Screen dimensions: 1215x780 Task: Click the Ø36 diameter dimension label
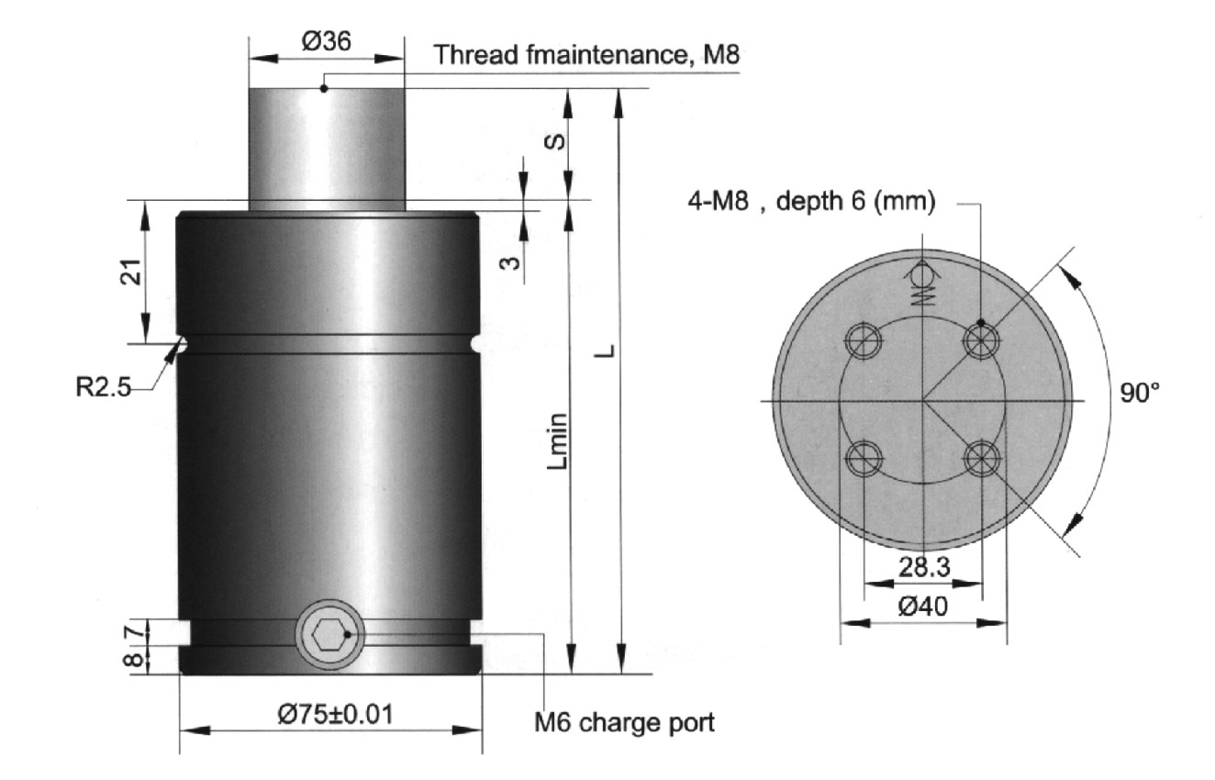click(x=327, y=41)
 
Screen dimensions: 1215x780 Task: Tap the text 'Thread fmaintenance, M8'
click(x=586, y=55)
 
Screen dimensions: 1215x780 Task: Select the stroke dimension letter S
click(x=554, y=142)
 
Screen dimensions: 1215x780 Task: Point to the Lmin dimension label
click(x=557, y=441)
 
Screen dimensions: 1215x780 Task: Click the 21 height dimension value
click(x=130, y=272)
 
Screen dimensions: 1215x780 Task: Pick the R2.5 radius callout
click(x=103, y=387)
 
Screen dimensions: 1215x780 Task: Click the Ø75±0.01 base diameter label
click(x=335, y=714)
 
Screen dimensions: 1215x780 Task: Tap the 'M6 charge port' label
click(x=624, y=722)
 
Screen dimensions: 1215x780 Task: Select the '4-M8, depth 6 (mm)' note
click(x=811, y=201)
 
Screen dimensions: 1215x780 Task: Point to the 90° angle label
click(x=1140, y=393)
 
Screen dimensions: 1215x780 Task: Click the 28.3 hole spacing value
click(x=924, y=567)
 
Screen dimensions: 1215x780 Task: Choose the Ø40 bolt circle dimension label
click(x=922, y=606)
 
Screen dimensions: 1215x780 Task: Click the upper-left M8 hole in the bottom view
click(x=864, y=340)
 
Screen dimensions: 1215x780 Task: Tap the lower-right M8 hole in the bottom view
click(x=982, y=458)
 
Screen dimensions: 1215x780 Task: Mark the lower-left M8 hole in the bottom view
click(x=864, y=458)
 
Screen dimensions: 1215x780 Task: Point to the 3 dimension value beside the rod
click(x=509, y=263)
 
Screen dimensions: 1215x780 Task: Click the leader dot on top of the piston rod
click(x=324, y=88)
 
